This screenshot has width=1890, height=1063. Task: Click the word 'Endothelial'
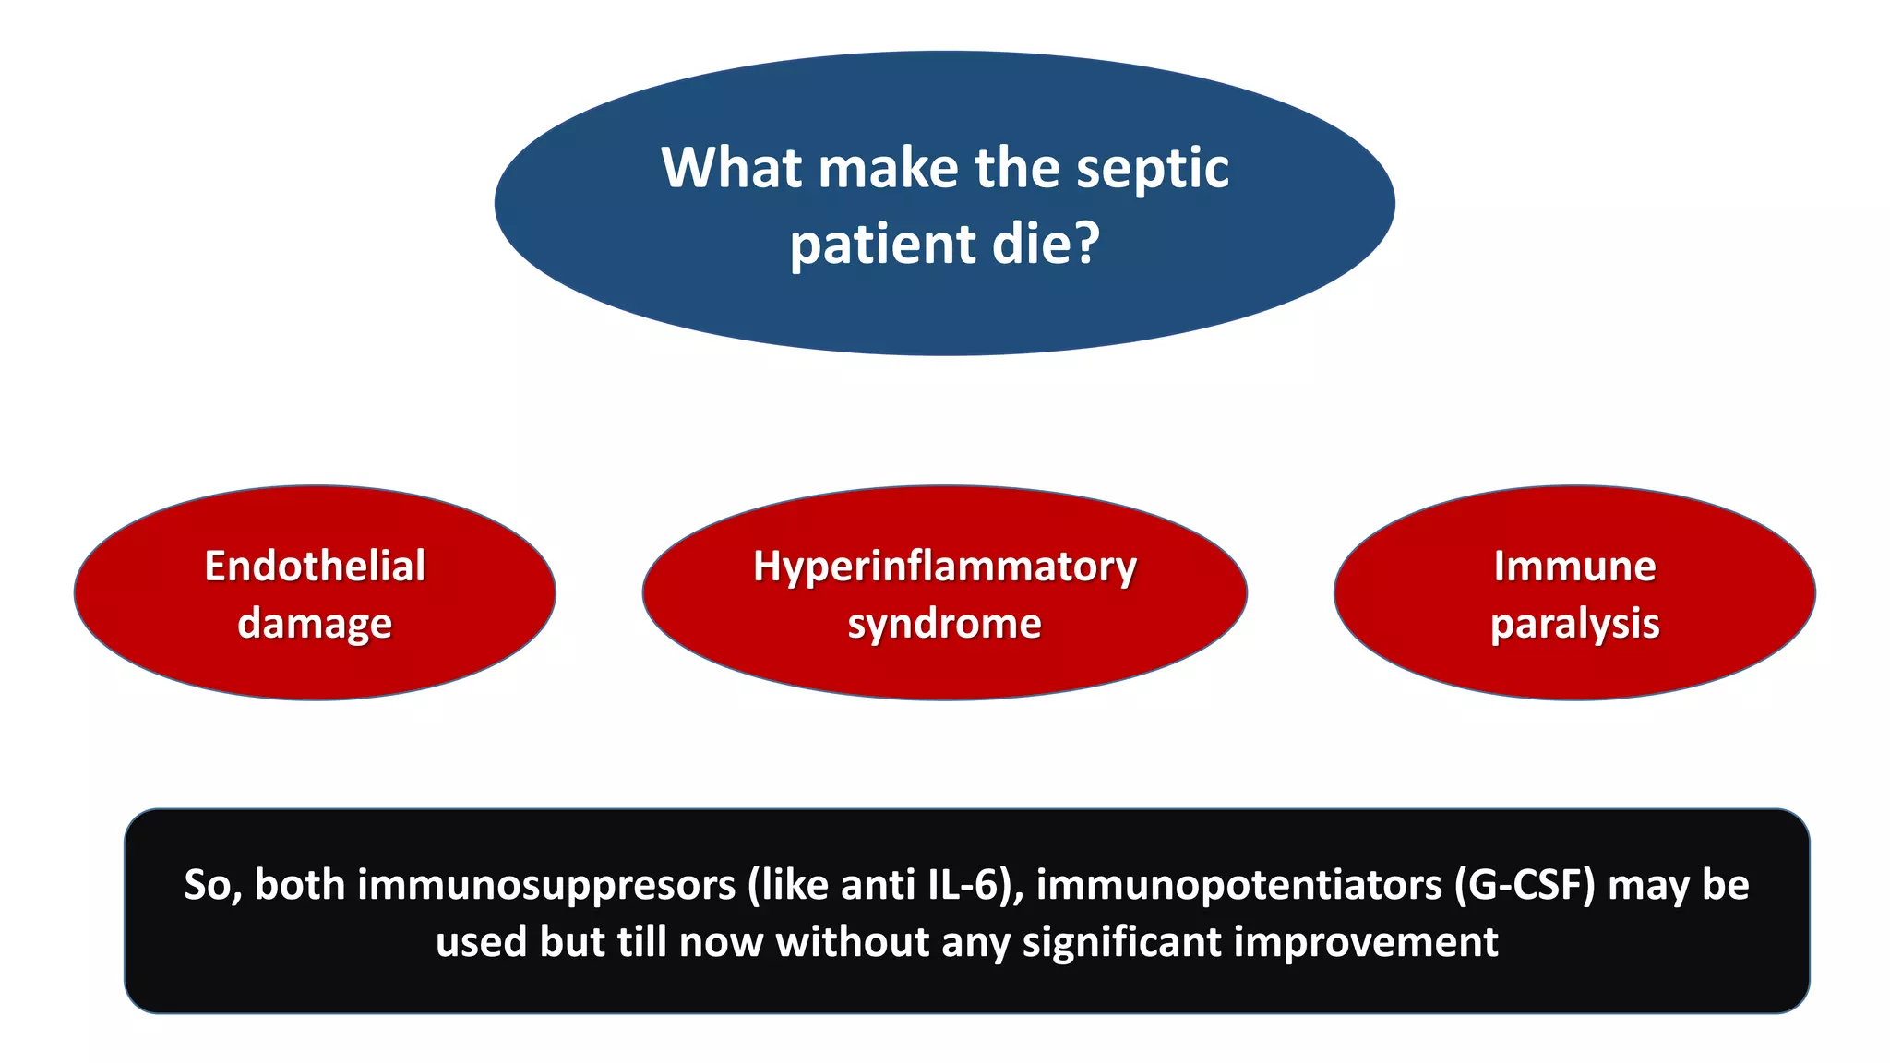315,566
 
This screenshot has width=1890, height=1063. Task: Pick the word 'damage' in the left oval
315,625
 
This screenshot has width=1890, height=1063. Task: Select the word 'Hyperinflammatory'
944,567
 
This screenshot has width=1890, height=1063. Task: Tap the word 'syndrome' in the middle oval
944,625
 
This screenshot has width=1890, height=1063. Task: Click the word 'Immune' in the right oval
1574,566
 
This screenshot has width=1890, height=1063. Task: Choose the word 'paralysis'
1574,625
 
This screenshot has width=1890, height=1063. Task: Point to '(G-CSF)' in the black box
1525,885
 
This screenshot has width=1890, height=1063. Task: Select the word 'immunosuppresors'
545,885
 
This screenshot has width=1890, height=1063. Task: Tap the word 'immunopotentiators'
1238,885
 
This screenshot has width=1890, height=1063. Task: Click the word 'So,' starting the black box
212,885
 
